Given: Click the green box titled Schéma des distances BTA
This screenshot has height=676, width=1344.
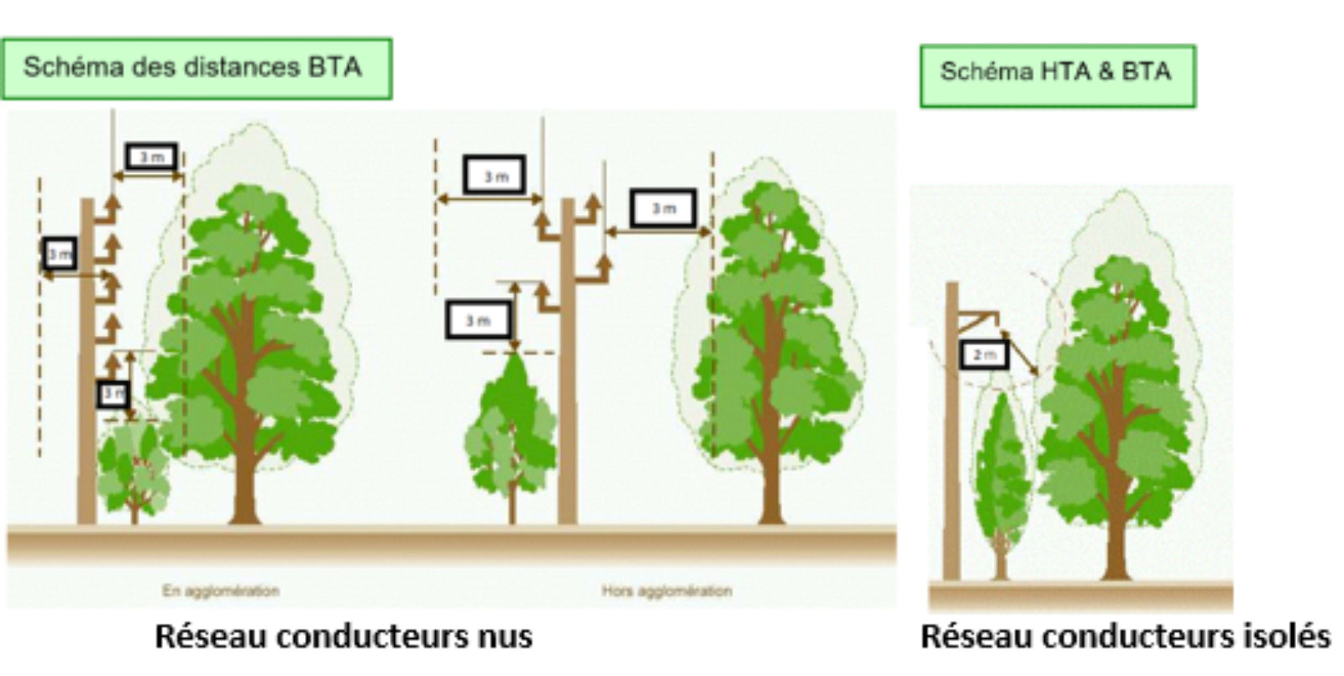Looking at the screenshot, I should (197, 68).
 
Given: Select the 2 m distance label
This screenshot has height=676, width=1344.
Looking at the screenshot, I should (984, 354).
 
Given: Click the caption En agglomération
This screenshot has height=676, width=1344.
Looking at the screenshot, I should (221, 590).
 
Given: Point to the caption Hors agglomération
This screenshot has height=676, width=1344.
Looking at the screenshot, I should (666, 590).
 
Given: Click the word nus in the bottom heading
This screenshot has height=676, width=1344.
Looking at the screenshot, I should (502, 636).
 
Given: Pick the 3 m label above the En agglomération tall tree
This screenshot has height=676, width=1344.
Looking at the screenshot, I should (151, 156).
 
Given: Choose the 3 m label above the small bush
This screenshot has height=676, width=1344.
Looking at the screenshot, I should (113, 393).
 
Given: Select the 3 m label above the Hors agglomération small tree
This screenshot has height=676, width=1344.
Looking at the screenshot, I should (478, 320).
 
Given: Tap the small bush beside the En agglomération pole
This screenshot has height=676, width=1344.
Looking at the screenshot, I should (133, 470).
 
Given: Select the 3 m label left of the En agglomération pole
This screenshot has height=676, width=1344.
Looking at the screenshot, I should (59, 253).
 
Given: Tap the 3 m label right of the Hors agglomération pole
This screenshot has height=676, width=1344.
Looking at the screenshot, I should (664, 207).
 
